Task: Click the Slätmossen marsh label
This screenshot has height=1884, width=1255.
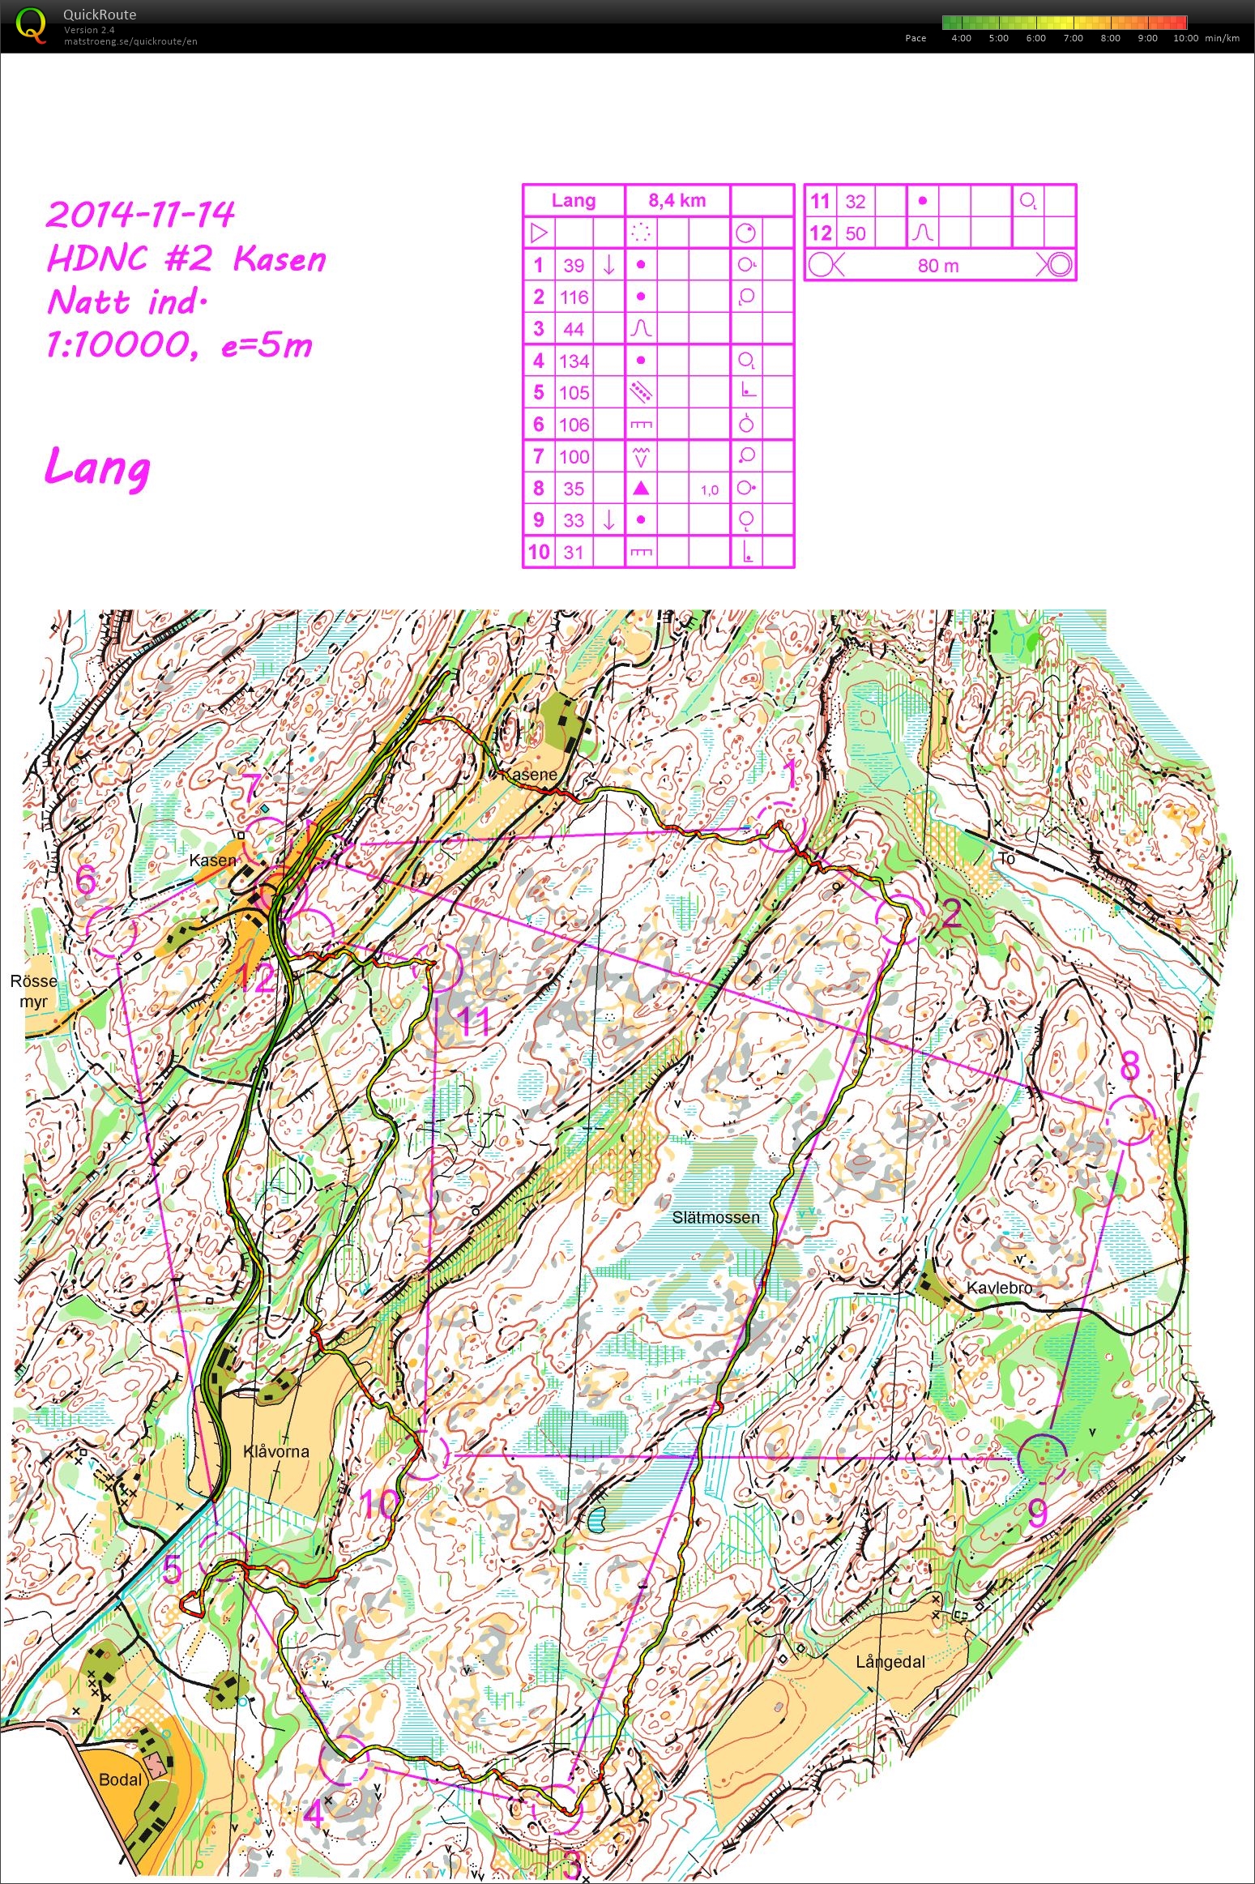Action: tap(715, 1217)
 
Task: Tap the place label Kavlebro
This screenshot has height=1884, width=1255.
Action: tap(999, 1288)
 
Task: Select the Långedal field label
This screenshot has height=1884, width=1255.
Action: tap(890, 1662)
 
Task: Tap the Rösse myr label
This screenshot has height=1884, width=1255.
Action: tap(33, 991)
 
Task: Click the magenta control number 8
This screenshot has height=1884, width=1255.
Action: tap(1129, 1066)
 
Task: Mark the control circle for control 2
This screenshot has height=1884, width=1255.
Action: tap(900, 920)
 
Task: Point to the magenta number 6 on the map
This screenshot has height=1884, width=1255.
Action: tap(86, 881)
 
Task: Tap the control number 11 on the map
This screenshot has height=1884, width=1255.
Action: tap(474, 1021)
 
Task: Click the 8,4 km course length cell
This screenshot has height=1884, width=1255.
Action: tap(677, 200)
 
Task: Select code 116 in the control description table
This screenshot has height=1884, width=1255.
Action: tap(574, 297)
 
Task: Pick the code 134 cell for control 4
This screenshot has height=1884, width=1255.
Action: tap(574, 361)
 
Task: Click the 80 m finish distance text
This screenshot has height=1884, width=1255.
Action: tap(938, 265)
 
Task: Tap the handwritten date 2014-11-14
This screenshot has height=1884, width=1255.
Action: tap(140, 215)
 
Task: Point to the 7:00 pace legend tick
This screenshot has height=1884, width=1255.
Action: tap(1073, 38)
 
